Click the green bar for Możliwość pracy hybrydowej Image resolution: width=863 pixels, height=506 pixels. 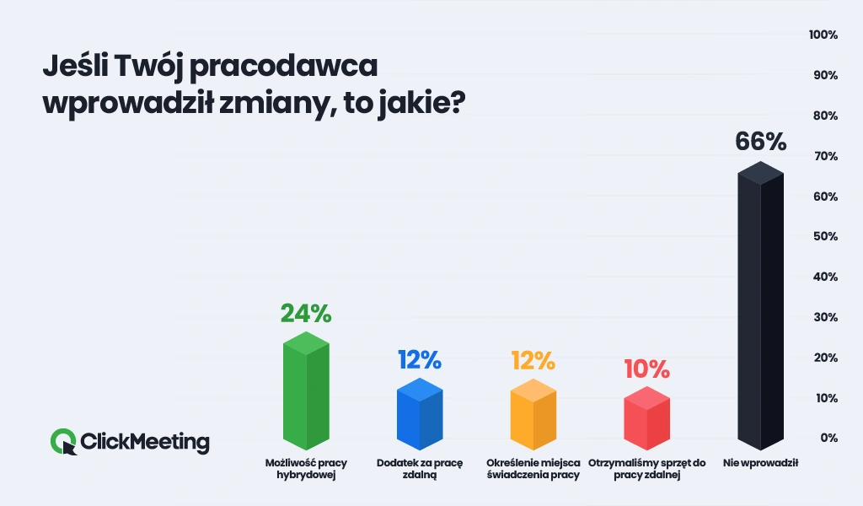(306, 392)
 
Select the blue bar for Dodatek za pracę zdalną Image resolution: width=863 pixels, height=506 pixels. (420, 415)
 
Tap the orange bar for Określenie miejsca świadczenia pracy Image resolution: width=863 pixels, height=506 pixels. (533, 415)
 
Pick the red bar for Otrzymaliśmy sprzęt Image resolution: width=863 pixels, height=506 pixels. (646, 419)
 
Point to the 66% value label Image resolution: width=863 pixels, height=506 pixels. (760, 142)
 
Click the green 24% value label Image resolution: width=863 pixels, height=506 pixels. (306, 314)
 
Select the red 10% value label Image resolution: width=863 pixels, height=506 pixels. (646, 369)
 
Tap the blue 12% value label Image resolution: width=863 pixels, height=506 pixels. (420, 360)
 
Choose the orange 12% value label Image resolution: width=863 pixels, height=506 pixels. (533, 360)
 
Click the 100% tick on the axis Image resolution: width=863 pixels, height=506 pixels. (823, 35)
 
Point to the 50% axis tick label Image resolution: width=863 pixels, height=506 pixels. (824, 237)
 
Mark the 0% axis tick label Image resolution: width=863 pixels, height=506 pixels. (828, 438)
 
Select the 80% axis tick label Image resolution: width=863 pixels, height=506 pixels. (824, 116)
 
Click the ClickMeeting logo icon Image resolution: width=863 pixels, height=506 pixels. (63, 441)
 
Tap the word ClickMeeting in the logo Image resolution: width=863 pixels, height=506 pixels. (145, 441)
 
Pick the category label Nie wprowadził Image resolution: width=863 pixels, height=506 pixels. (760, 464)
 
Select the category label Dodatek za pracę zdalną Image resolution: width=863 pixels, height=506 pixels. (420, 469)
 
